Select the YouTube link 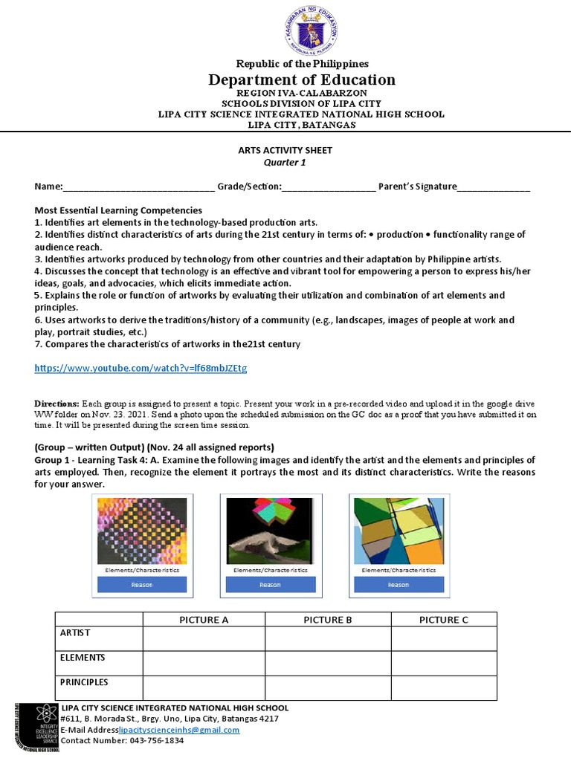(x=141, y=368)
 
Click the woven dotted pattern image (x=141, y=531)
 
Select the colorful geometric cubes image (x=398, y=531)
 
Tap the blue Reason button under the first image (x=141, y=585)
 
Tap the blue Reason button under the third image (x=398, y=585)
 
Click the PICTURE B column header (x=328, y=620)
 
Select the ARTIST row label (x=75, y=632)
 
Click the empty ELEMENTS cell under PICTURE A (x=204, y=663)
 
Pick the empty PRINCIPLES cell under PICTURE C (x=443, y=687)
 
